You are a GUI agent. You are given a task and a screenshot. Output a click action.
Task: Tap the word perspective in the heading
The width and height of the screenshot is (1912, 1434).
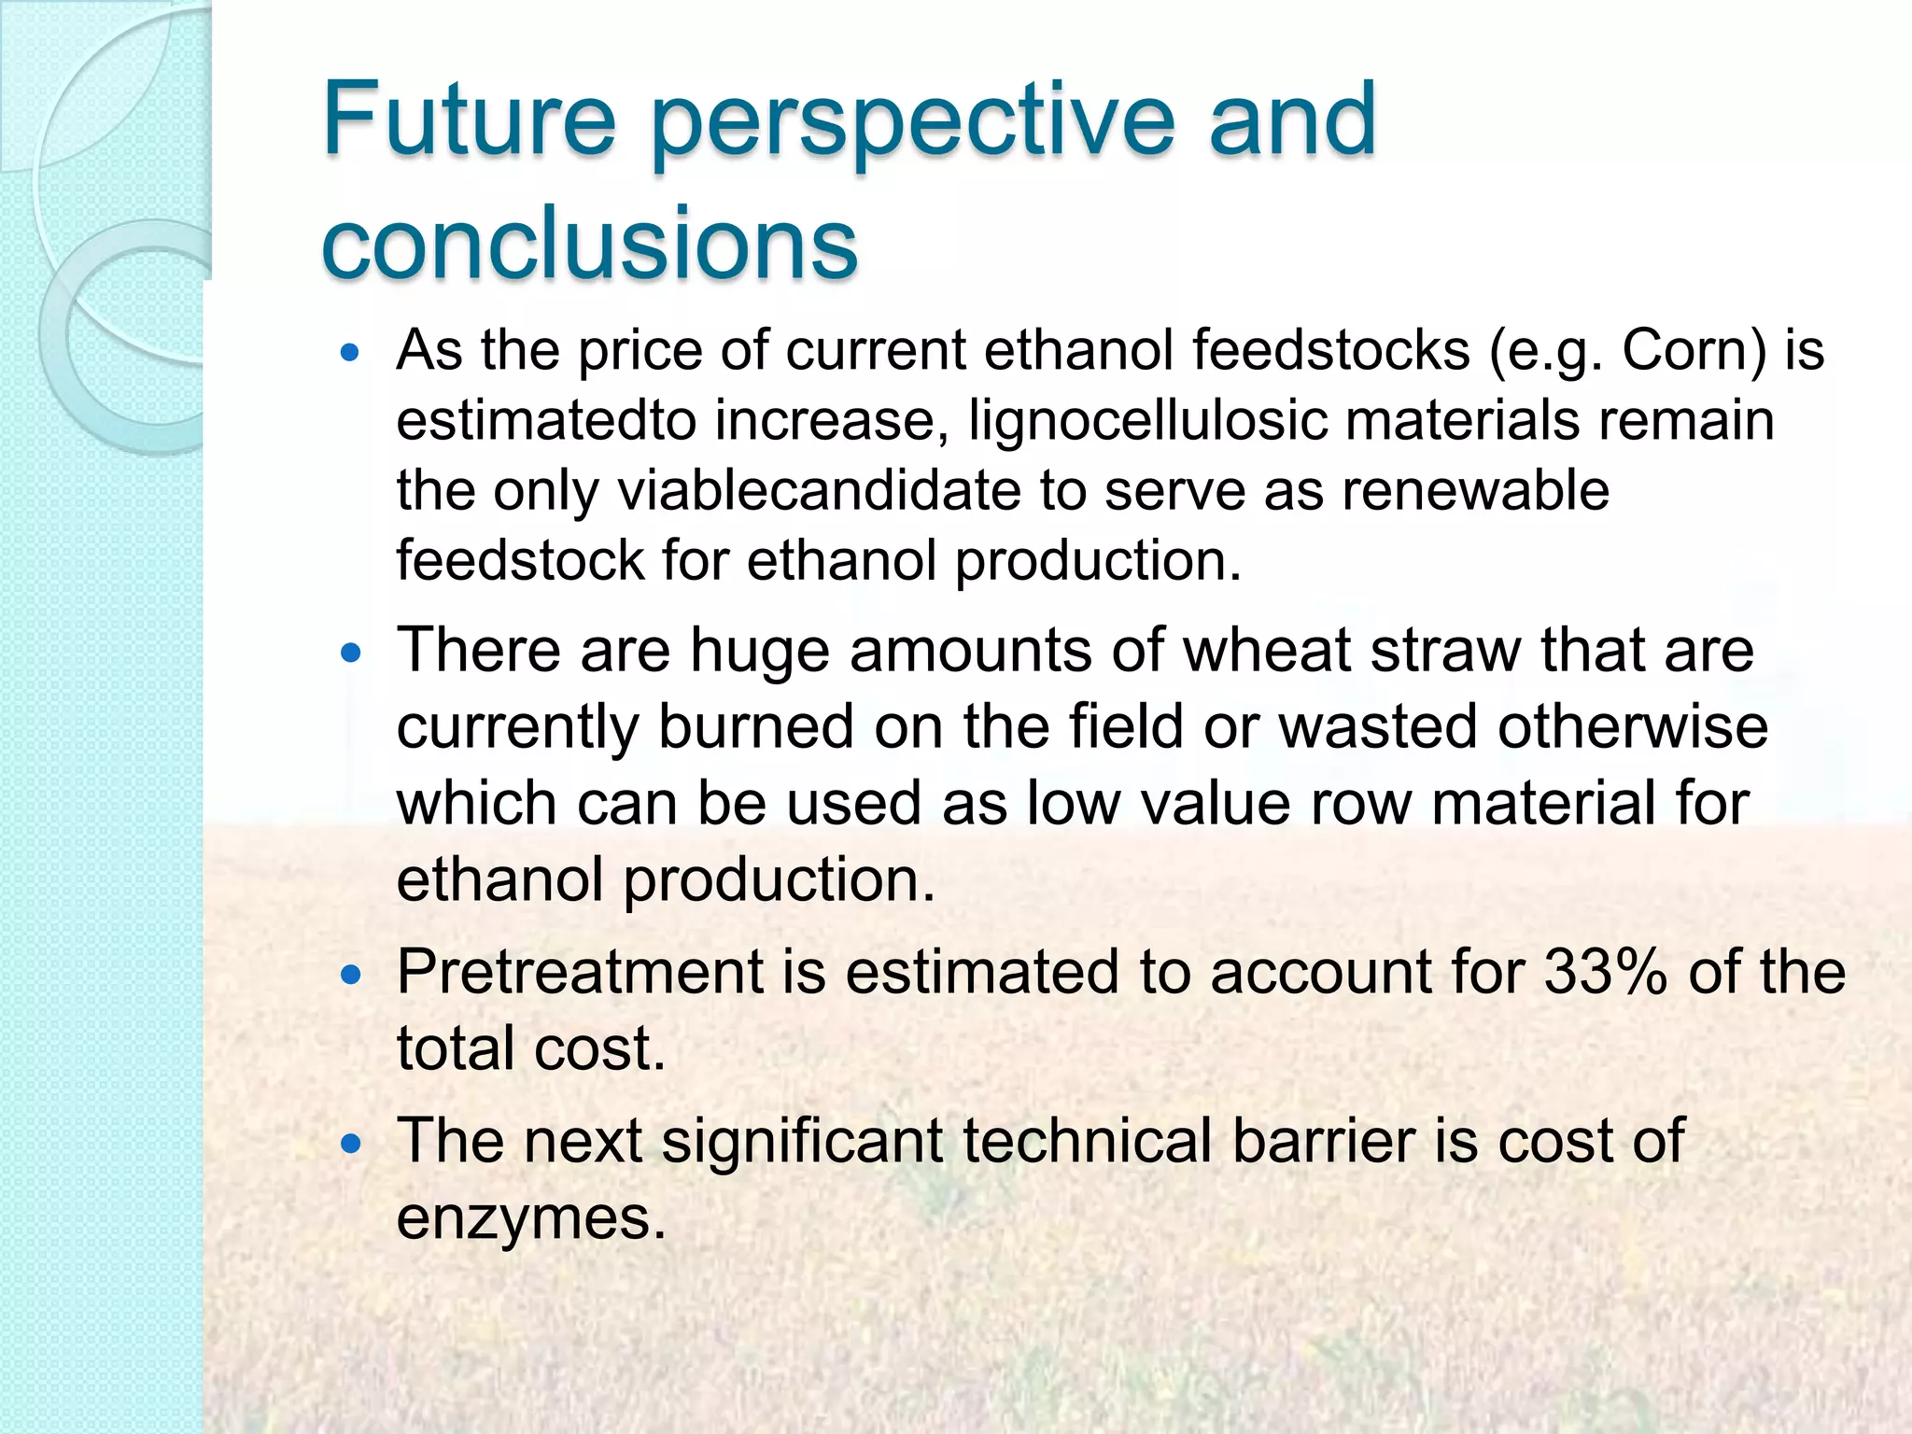tap(911, 126)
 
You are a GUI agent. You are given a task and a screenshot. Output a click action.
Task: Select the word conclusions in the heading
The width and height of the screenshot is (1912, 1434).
tap(588, 243)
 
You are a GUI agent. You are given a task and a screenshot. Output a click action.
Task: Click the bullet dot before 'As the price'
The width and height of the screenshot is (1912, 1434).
tap(351, 354)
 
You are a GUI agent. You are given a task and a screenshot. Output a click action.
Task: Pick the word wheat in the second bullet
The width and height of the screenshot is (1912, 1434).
tap(1266, 650)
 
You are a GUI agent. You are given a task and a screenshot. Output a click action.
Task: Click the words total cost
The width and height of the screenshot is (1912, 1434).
tap(530, 1048)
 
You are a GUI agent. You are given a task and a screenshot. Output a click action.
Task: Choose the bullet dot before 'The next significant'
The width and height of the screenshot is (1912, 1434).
tap(351, 1145)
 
